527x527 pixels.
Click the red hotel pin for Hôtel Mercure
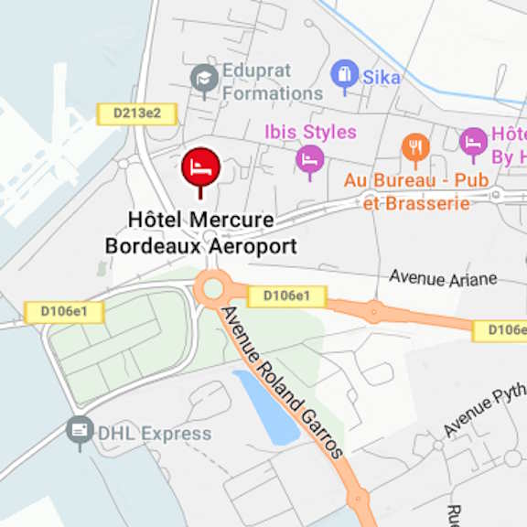click(x=200, y=167)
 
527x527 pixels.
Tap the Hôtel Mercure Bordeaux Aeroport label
click(x=201, y=233)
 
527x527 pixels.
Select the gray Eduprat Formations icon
click(x=204, y=79)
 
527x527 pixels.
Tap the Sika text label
click(x=382, y=77)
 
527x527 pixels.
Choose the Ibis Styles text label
click(x=310, y=133)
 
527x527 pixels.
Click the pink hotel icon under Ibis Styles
click(x=310, y=159)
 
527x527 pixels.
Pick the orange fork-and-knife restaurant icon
click(x=415, y=147)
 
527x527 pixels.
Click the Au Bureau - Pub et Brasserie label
click(x=416, y=191)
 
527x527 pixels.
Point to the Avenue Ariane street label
click(x=443, y=277)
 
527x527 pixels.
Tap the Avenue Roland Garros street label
click(x=284, y=382)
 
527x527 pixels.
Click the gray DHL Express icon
click(x=81, y=430)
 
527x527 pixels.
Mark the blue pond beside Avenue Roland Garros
click(x=266, y=406)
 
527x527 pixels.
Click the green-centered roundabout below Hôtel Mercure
click(x=213, y=289)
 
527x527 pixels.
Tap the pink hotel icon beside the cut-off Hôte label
click(x=473, y=142)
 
